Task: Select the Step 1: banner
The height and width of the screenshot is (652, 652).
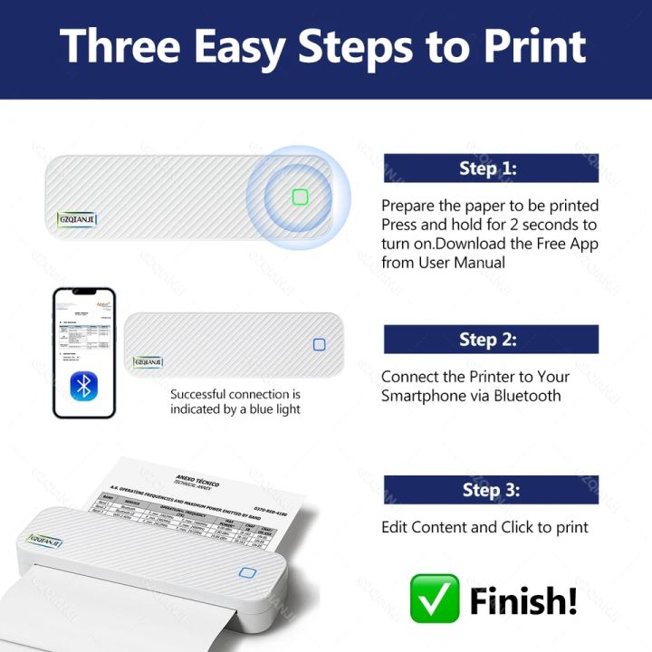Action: (490, 168)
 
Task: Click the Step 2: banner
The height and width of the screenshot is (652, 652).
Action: (490, 340)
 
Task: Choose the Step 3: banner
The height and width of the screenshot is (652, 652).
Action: (490, 490)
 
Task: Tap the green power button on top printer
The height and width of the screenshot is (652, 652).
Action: (301, 197)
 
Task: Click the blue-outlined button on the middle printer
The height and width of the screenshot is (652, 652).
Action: (319, 344)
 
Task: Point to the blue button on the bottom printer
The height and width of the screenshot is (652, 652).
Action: (247, 573)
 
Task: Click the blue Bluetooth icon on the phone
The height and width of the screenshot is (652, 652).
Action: (84, 388)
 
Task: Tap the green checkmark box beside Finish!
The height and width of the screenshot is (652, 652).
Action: (434, 598)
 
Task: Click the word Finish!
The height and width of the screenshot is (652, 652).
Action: (523, 599)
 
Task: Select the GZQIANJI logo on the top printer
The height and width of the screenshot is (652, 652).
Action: (77, 218)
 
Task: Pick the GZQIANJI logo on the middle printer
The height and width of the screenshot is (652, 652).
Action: (148, 362)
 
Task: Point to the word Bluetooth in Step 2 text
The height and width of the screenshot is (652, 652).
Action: (527, 396)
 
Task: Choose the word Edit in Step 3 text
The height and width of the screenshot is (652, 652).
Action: (395, 527)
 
